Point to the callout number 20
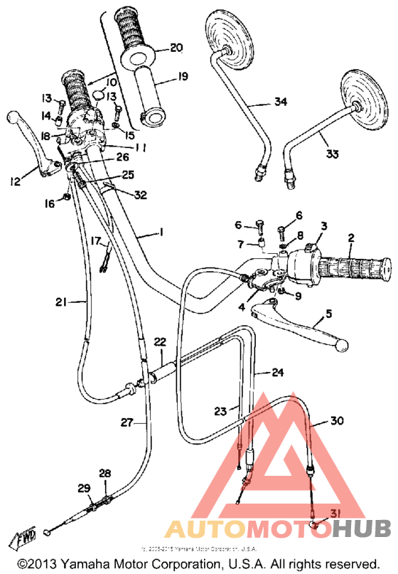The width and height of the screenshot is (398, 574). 176,48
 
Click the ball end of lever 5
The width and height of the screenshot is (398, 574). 342,344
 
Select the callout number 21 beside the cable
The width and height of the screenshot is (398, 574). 61,302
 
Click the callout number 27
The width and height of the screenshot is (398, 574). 127,422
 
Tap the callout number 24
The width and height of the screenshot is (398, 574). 276,371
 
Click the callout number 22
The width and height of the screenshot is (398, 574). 160,342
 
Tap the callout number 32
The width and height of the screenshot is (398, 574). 139,193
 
